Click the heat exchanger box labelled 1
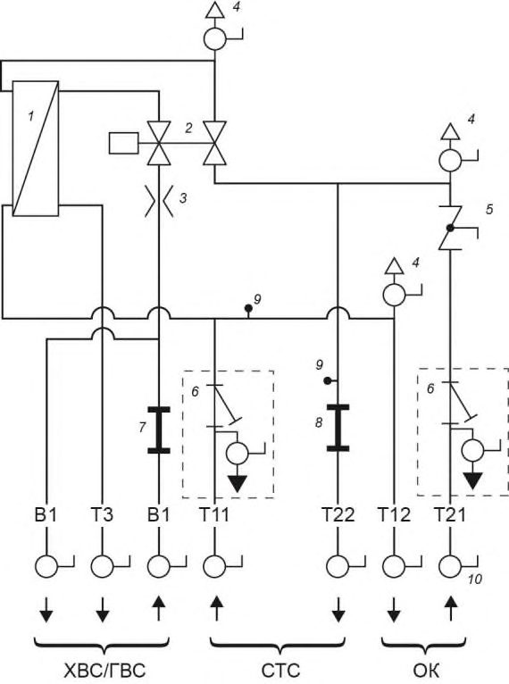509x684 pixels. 36,148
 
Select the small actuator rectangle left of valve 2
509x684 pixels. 123,143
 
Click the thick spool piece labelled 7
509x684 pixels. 159,430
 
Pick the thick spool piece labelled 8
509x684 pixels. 338,428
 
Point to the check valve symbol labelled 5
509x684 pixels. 450,228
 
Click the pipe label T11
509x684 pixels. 214,514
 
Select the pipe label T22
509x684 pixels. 338,514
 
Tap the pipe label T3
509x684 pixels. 102,514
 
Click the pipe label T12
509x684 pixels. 394,514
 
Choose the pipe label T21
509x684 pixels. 450,514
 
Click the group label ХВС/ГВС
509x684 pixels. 104,671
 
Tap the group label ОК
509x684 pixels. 425,671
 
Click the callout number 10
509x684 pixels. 474,580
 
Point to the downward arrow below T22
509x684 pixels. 338,609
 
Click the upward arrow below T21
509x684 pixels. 450,609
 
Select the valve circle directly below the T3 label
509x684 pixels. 102,567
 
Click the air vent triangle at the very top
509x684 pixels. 214,10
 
